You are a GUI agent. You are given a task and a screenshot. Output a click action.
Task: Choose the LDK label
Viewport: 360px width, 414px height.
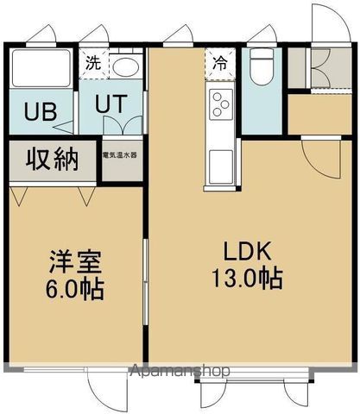pos(249,252)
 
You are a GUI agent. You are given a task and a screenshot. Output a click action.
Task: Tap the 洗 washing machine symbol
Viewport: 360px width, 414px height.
pos(92,62)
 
